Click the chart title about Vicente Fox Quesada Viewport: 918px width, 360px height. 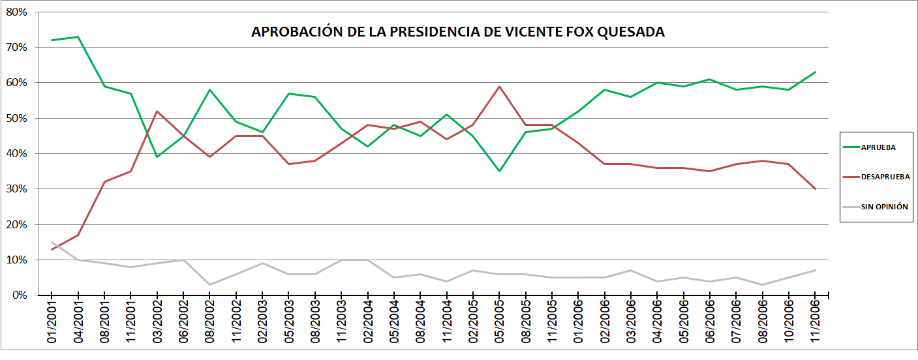click(458, 32)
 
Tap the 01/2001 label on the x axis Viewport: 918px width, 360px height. click(53, 322)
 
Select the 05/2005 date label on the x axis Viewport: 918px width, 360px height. click(500, 322)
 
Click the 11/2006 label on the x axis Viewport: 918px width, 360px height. click(816, 322)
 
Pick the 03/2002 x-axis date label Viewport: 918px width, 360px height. click(158, 322)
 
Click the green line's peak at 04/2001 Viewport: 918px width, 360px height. click(78, 37)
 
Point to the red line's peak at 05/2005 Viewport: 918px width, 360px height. click(499, 87)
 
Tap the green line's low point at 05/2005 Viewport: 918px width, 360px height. click(499, 171)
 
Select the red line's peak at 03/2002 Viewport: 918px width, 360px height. click(157, 112)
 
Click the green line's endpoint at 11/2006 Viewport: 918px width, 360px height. click(815, 72)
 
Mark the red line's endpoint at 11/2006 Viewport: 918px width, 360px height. click(815, 189)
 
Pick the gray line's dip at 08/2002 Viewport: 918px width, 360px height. click(210, 284)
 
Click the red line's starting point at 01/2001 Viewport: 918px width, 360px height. click(52, 249)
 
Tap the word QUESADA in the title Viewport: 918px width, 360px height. click(632, 32)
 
